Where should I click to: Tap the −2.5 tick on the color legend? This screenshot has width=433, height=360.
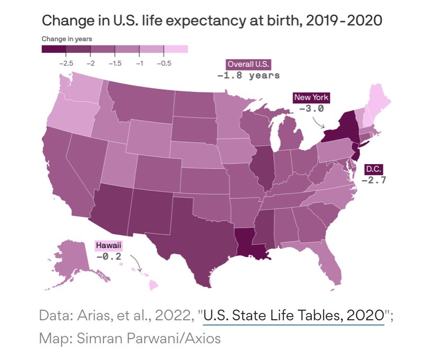pyautogui.click(x=66, y=63)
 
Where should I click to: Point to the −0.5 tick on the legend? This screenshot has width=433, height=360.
pyautogui.click(x=164, y=63)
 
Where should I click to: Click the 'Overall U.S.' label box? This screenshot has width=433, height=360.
pyautogui.click(x=248, y=64)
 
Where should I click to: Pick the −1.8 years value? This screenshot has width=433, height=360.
pyautogui.click(x=248, y=75)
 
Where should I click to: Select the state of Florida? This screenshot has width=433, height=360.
pyautogui.click(x=330, y=263)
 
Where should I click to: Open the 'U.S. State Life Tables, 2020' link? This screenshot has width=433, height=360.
pyautogui.click(x=294, y=315)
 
